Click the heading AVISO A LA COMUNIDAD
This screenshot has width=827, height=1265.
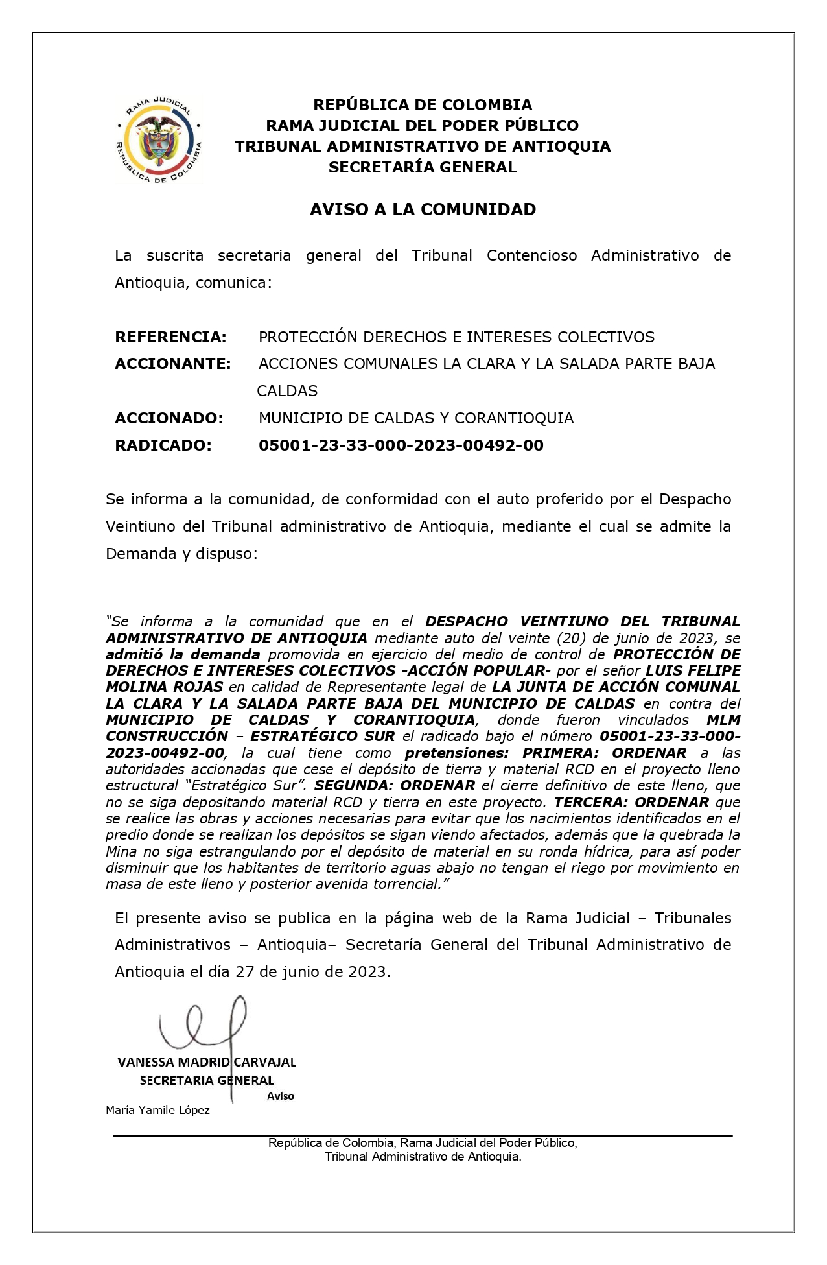click(x=423, y=209)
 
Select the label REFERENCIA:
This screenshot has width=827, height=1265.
click(x=170, y=337)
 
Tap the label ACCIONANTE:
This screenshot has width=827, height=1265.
click(x=172, y=364)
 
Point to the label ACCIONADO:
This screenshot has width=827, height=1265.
click(x=169, y=418)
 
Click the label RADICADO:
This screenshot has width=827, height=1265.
click(x=163, y=445)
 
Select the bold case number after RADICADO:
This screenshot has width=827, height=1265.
click(x=401, y=445)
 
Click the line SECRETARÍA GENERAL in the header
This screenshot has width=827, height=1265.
click(x=423, y=167)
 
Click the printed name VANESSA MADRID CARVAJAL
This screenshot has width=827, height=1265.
click(x=206, y=1062)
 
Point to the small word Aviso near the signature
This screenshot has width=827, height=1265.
click(x=281, y=1096)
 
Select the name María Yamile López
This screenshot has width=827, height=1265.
click(x=157, y=1110)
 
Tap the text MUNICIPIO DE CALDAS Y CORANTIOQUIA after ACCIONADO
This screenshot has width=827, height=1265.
click(x=415, y=418)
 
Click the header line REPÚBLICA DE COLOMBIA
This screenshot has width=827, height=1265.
click(x=423, y=105)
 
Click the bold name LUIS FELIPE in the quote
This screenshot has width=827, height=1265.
click(x=693, y=670)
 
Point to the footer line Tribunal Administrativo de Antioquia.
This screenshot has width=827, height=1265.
click(x=423, y=1156)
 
